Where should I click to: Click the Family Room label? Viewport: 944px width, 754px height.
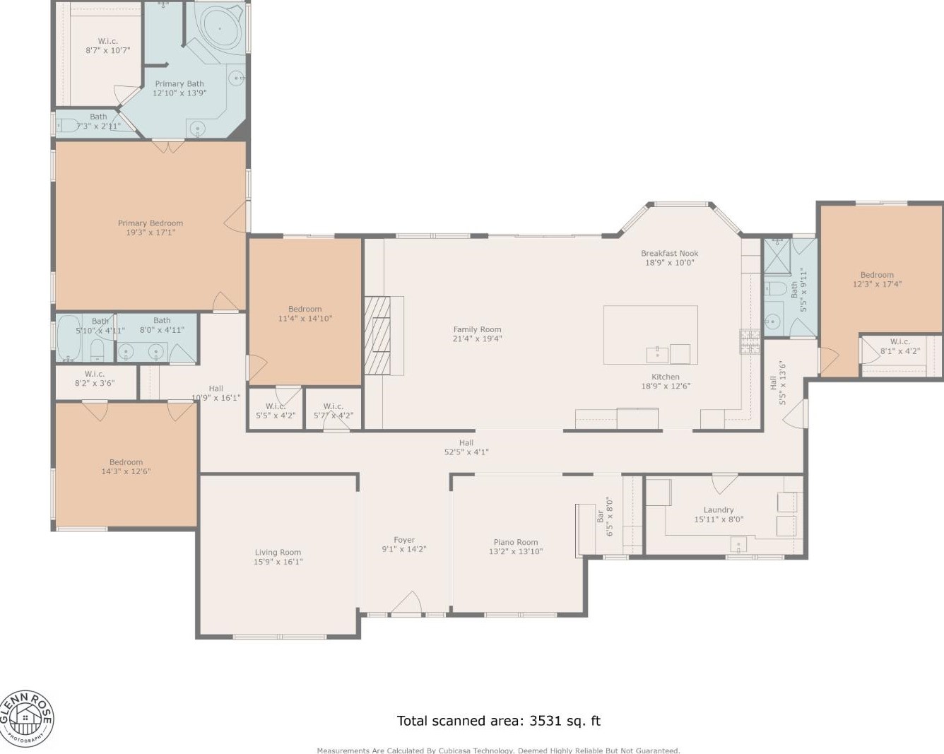click(477, 329)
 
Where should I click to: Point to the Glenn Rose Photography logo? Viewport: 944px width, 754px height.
click(26, 719)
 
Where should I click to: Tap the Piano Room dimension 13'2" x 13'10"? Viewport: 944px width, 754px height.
click(516, 552)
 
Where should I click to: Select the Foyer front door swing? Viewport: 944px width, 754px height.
click(406, 603)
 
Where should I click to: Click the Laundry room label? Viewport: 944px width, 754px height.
click(719, 509)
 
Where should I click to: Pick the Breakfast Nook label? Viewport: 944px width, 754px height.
click(669, 253)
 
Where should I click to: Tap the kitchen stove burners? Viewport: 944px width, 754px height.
click(750, 341)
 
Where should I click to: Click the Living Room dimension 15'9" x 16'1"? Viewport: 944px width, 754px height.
click(278, 562)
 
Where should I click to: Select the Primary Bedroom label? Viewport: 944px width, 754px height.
click(151, 223)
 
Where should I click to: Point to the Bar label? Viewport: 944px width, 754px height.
click(601, 517)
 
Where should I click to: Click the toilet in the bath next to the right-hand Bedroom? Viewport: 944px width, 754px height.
click(776, 288)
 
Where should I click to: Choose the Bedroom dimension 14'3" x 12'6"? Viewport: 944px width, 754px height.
click(126, 471)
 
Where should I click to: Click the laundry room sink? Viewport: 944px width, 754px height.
click(738, 545)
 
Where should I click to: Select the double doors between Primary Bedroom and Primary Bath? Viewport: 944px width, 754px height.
click(168, 146)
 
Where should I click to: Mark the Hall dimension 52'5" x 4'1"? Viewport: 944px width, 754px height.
click(466, 452)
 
